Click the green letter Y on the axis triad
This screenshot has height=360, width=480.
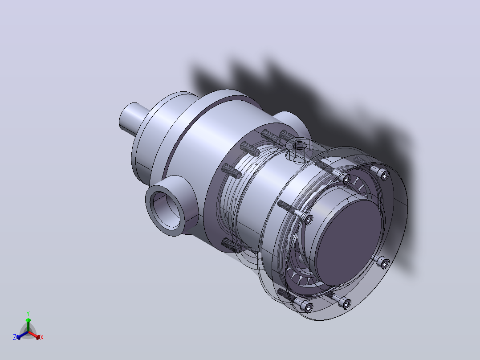28,313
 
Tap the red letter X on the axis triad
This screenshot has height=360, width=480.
42,337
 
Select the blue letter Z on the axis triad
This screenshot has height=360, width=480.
15,337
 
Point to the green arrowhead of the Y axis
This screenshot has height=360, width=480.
28,320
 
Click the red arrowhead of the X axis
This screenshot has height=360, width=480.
38,337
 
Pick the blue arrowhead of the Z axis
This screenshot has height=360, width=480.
18,337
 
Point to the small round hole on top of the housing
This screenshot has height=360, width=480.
299,145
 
